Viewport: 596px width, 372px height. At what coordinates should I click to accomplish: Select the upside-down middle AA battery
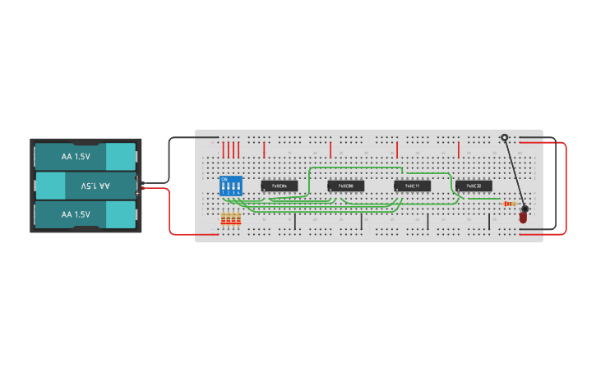point(85,186)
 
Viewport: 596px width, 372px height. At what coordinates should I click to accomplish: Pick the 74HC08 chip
point(345,186)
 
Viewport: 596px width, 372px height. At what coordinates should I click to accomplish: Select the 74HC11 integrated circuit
point(412,186)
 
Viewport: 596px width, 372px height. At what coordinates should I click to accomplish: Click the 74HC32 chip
point(474,186)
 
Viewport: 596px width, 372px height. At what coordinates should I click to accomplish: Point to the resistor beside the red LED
point(511,204)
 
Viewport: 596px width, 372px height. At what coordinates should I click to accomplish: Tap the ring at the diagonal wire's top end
point(504,138)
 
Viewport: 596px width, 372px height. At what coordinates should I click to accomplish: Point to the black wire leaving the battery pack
point(170,160)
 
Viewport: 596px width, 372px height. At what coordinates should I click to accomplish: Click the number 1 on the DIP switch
point(224,192)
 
